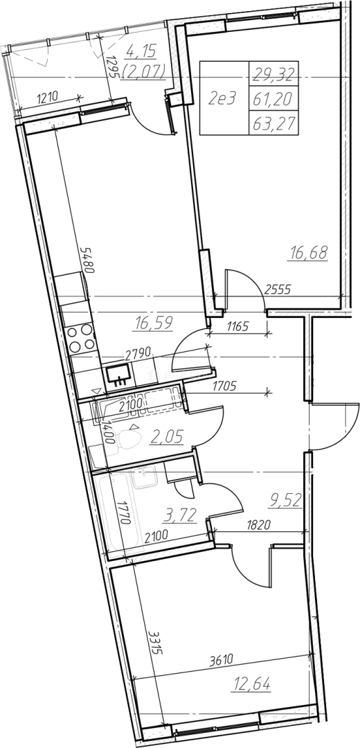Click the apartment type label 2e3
pyautogui.click(x=223, y=98)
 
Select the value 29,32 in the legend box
pyautogui.click(x=273, y=74)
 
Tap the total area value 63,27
pyautogui.click(x=273, y=123)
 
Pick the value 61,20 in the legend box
pyautogui.click(x=273, y=98)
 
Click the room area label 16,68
pyautogui.click(x=308, y=253)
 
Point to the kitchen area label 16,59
pyautogui.click(x=154, y=323)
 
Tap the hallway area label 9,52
pyautogui.click(x=286, y=500)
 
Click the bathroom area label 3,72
pyautogui.click(x=180, y=515)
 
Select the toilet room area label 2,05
pyautogui.click(x=166, y=436)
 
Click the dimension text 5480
pyautogui.click(x=88, y=260)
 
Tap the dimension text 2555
pyautogui.click(x=278, y=289)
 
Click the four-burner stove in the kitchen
pyautogui.click(x=80, y=338)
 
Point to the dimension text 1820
pyautogui.click(x=260, y=525)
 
